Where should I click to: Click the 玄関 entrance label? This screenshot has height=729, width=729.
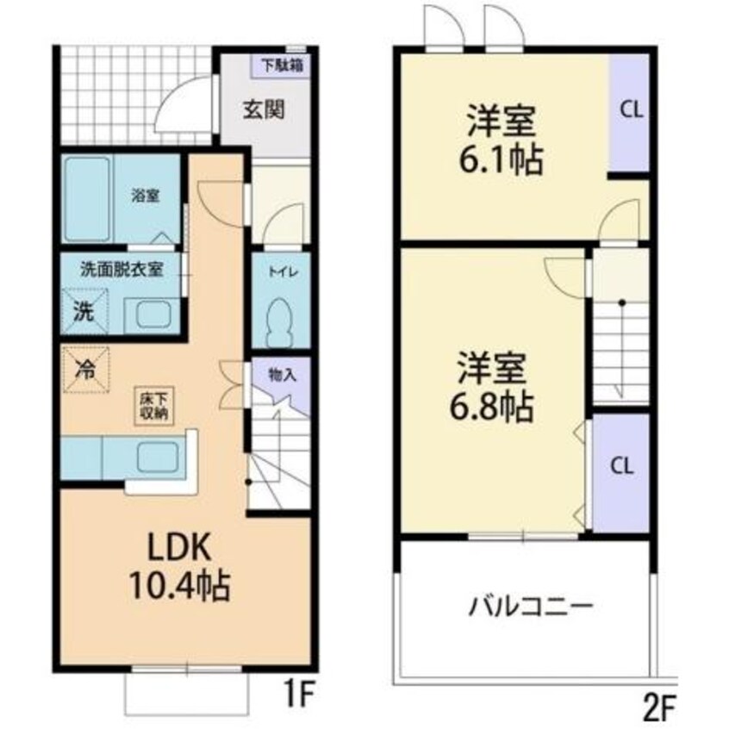click(x=263, y=110)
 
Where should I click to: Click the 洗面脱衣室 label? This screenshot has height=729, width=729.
click(x=121, y=268)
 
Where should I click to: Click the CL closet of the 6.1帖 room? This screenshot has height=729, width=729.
click(x=629, y=111)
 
